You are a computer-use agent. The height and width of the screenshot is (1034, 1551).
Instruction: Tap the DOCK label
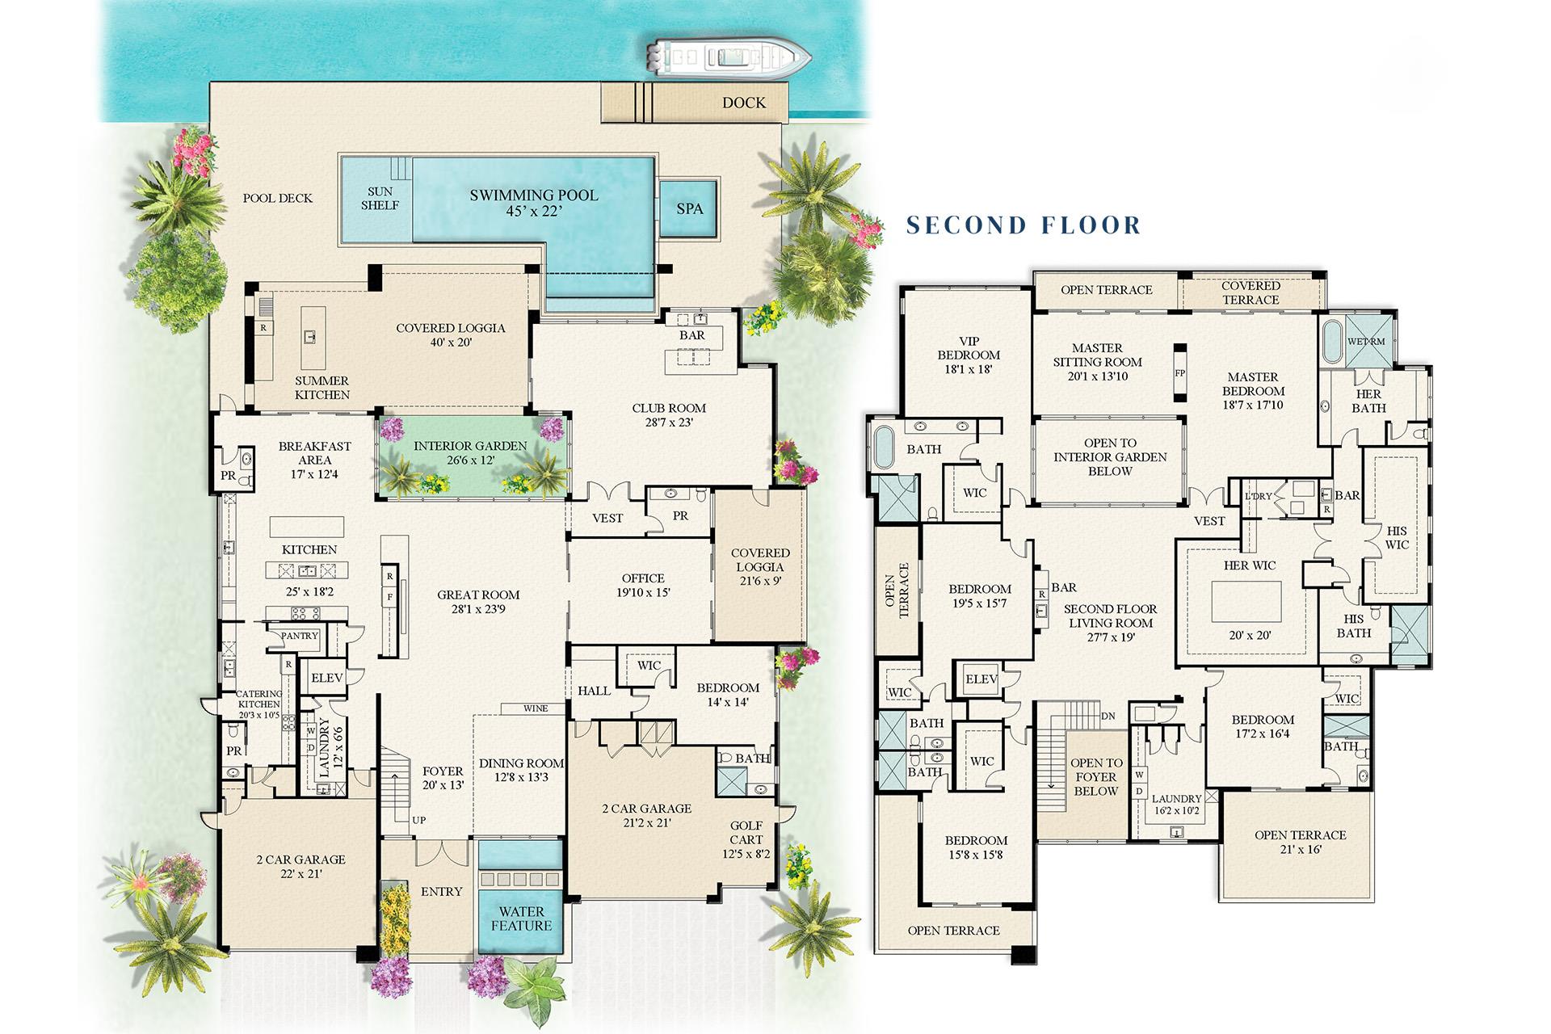point(743,103)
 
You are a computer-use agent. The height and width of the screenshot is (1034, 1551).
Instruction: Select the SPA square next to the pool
point(689,208)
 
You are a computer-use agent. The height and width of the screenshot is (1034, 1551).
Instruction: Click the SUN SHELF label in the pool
point(380,199)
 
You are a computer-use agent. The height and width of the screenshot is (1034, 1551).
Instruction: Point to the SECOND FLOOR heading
point(1023,225)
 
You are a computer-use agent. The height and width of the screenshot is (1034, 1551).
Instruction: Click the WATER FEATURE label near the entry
point(521,918)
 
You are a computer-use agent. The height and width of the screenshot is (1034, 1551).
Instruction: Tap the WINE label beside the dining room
point(536,708)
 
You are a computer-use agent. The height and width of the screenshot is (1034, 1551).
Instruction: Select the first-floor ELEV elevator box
point(327,678)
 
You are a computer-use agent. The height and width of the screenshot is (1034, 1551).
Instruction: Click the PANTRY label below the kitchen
point(300,636)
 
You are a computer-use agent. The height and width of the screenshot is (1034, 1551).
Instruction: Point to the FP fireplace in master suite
point(1180,374)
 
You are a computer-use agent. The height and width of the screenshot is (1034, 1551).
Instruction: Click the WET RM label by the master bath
point(1366,342)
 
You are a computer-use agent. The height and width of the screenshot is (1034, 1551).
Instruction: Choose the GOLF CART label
point(746,833)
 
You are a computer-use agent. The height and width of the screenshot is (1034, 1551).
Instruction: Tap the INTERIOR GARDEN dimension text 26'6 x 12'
point(469,460)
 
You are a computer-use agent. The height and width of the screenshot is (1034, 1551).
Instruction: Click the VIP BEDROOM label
point(968,355)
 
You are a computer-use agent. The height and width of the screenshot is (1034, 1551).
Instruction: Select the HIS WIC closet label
point(1396,537)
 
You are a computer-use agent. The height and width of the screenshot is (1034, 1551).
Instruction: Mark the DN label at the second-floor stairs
point(1108,717)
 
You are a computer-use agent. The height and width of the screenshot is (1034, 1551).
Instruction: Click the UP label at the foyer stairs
point(418,820)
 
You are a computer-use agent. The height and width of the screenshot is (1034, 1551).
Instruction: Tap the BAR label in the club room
point(691,335)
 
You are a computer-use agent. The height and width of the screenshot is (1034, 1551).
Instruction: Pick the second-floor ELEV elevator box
point(981,679)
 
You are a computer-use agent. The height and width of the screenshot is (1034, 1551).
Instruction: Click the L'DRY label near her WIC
point(1259,495)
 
